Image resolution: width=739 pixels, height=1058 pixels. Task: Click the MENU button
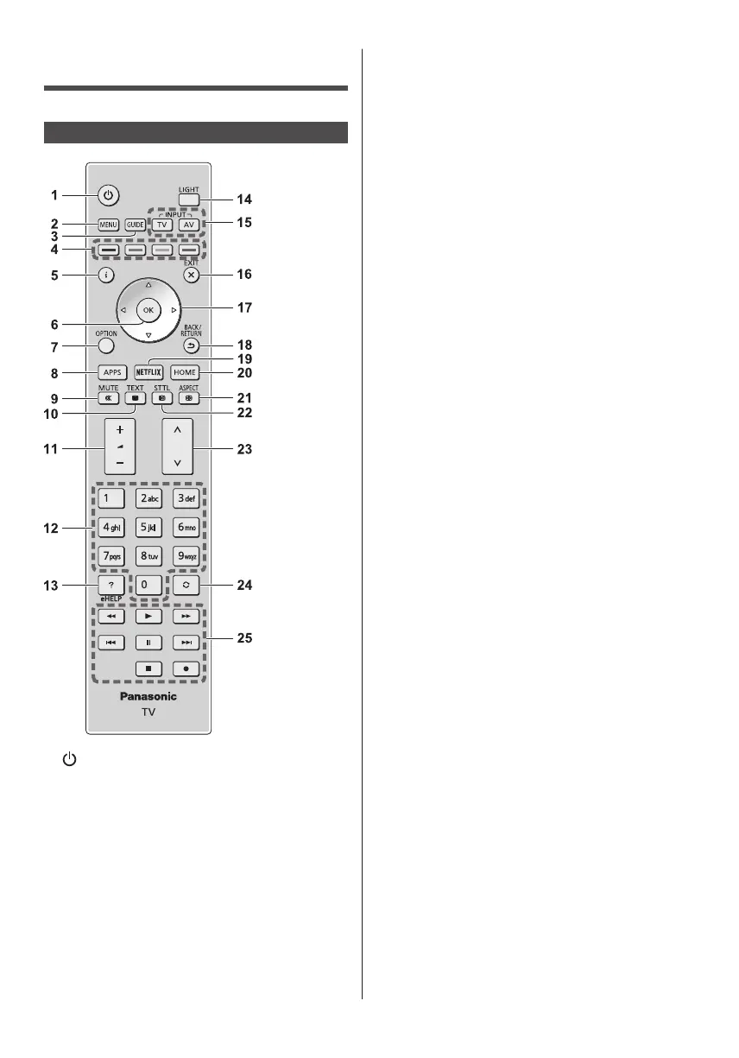click(x=107, y=225)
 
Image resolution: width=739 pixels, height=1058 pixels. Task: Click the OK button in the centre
click(x=148, y=309)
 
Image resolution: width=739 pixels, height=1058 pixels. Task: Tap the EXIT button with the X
click(x=190, y=275)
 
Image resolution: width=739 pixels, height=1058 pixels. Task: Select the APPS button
click(x=107, y=372)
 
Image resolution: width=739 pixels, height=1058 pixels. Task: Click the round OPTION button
click(x=107, y=345)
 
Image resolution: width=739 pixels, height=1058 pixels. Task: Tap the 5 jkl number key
click(x=148, y=526)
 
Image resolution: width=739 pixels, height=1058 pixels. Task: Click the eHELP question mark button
click(x=107, y=584)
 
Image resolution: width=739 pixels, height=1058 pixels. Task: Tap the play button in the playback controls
click(x=148, y=618)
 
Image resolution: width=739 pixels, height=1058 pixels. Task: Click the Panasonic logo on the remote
click(x=148, y=696)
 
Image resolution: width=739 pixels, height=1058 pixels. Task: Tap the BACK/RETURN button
click(x=190, y=344)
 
